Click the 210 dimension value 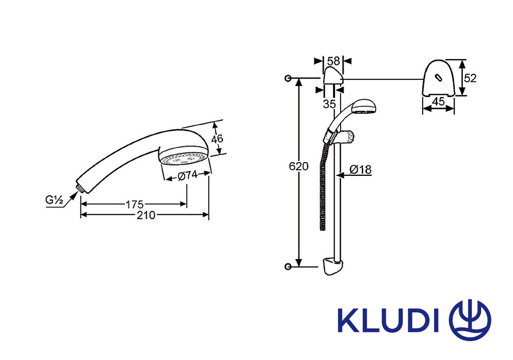[x=146, y=215]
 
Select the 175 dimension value [x=134, y=205]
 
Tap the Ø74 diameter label [x=188, y=176]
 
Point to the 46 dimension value [x=217, y=139]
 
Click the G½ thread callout [x=54, y=199]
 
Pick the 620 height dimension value [x=299, y=167]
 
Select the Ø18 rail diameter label [x=361, y=169]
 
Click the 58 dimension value [x=334, y=61]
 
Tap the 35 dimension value [x=329, y=104]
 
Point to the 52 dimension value [x=470, y=78]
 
